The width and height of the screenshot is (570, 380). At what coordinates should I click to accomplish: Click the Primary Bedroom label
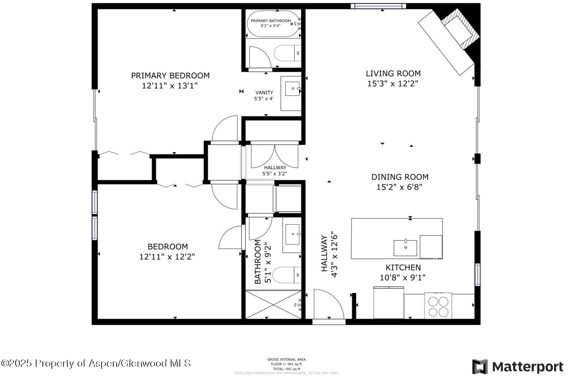tap(170, 76)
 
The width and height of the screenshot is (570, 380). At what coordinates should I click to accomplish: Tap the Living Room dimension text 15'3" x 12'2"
tap(392, 84)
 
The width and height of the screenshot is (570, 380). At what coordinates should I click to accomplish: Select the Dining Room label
tap(400, 177)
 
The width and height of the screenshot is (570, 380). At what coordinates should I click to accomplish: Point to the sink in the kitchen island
tap(405, 248)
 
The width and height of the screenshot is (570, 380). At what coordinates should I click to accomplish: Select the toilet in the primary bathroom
tap(287, 54)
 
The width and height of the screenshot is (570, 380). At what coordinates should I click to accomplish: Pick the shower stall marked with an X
tap(273, 305)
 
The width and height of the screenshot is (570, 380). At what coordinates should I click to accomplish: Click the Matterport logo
tap(518, 367)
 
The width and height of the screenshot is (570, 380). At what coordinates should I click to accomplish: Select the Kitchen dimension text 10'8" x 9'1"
tap(403, 278)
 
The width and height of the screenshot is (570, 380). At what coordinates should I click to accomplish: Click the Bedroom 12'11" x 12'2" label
tap(167, 251)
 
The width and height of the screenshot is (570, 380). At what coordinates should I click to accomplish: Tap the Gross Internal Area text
tap(286, 360)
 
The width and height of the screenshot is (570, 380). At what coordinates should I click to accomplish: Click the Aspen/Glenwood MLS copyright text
tap(96, 363)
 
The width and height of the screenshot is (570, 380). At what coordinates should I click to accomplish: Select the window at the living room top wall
tap(378, 6)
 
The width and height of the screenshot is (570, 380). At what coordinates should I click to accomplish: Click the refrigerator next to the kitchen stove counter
tap(388, 303)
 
